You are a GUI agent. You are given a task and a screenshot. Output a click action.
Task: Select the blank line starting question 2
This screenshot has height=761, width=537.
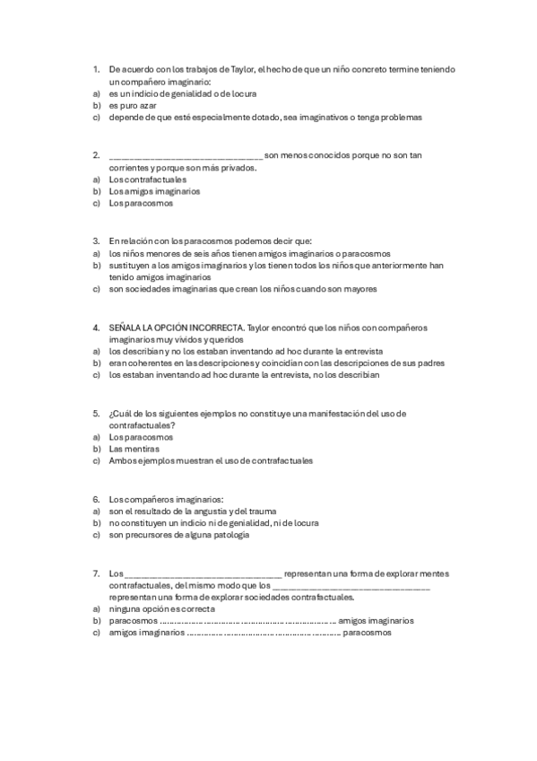coord(186,156)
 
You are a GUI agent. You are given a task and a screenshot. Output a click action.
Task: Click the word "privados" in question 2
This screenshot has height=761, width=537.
coord(238,168)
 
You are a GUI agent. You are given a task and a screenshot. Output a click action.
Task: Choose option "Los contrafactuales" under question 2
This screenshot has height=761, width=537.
coord(148,179)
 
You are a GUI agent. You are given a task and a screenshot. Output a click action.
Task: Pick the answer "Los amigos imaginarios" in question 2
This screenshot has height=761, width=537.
coord(154,191)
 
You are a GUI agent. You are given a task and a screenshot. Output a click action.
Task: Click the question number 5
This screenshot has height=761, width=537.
coord(96,414)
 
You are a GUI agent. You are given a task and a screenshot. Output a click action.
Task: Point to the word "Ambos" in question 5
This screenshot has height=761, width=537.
coord(122,460)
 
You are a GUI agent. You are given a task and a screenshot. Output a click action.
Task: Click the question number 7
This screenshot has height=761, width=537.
coord(96,573)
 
